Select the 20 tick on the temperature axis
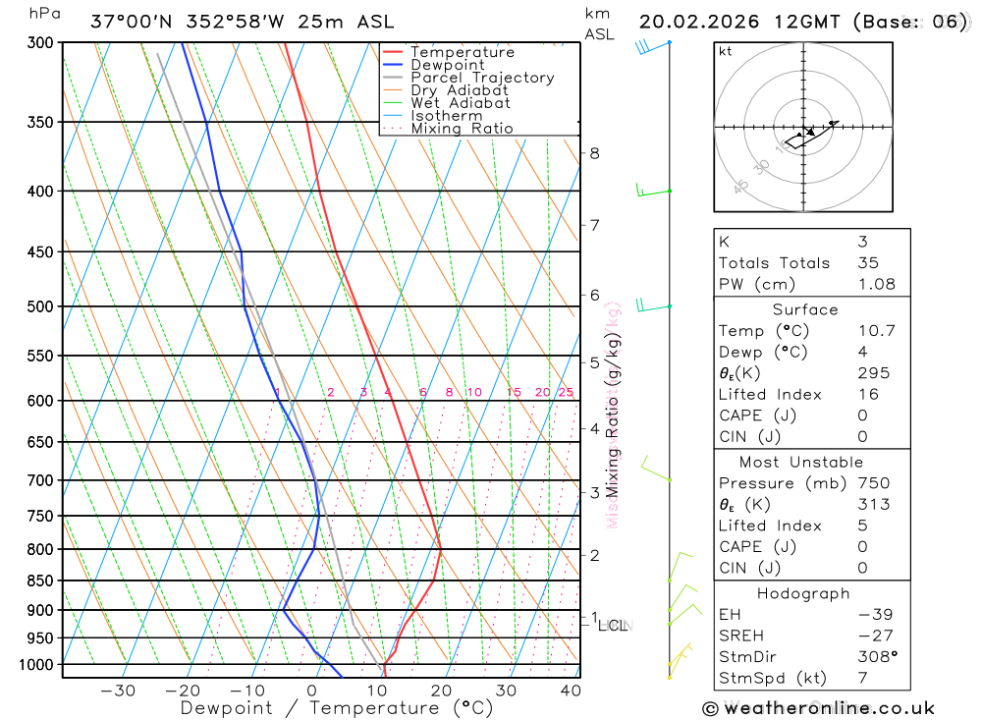(x=441, y=691)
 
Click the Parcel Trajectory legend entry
(x=482, y=78)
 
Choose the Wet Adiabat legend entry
(x=461, y=103)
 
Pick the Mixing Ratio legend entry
(x=462, y=129)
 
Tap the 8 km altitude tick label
(x=594, y=153)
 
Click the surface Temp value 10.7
(x=876, y=331)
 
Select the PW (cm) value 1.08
(x=876, y=284)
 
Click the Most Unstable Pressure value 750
(x=873, y=483)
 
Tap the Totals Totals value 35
(x=867, y=262)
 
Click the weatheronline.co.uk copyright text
(x=819, y=708)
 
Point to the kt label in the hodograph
(x=725, y=52)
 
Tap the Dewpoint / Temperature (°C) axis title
(x=337, y=708)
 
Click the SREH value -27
(x=869, y=636)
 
